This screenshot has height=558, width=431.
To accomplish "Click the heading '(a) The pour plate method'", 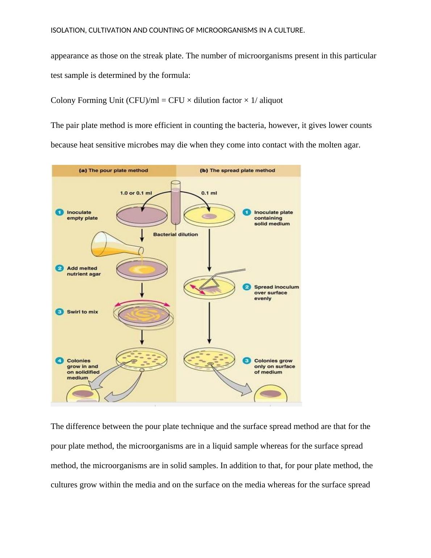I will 113,170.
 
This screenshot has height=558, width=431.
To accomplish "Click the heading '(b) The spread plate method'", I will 237,170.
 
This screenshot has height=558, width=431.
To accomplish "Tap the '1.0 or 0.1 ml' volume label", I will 136,193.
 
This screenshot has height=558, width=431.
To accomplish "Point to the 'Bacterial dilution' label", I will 175,234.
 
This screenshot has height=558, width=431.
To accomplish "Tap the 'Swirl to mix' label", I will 82,312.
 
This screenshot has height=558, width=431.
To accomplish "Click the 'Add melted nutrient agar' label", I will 84,271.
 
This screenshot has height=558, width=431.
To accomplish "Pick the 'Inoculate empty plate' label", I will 82,215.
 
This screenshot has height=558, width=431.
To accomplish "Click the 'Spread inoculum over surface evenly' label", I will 276,293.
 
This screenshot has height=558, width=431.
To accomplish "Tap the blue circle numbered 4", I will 59,361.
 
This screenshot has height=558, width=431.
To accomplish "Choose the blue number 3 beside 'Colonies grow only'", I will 247,361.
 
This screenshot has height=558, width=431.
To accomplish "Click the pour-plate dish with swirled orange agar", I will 143,315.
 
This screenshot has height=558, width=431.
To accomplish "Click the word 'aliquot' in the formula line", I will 271,100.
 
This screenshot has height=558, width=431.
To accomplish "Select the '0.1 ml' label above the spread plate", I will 209,193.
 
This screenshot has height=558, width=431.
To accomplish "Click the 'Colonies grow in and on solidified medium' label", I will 83,369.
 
